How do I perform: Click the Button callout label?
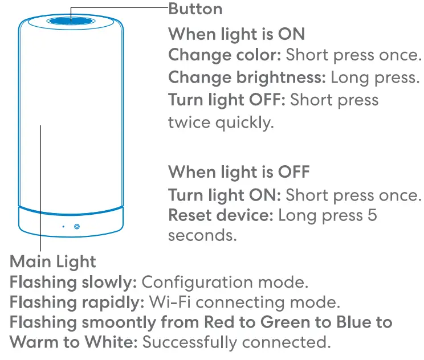coord(195,9)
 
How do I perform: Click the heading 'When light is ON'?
coord(237,34)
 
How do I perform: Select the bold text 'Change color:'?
coord(225,55)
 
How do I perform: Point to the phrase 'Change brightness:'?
coord(247,77)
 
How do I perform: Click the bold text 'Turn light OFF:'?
coord(227,100)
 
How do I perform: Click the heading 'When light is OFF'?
coord(239,171)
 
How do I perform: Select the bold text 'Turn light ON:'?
coord(225,195)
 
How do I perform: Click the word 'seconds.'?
coord(202,235)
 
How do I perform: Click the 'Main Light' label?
coord(53,261)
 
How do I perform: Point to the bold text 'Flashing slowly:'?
coord(73,282)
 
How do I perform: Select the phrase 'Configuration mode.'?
coord(225,282)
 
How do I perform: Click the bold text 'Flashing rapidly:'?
coord(77,302)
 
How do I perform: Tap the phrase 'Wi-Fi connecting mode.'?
coord(243,302)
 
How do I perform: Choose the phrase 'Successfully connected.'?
coord(236,342)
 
